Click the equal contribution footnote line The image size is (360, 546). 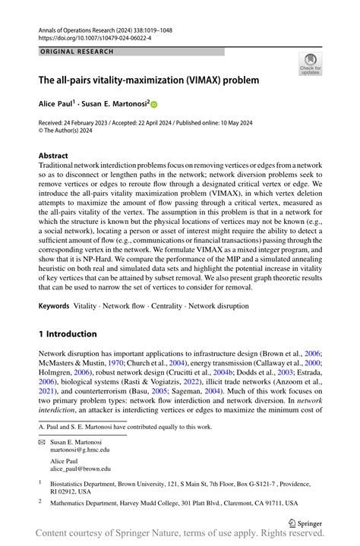[x=125, y=427]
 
